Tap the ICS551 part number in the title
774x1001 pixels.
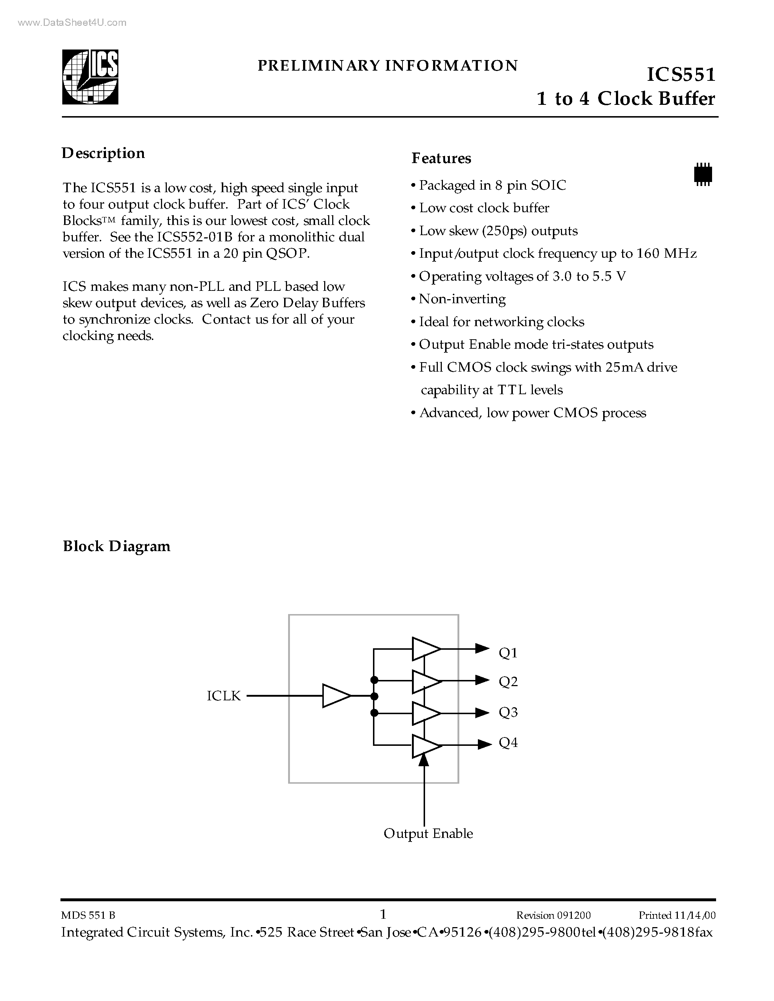tap(680, 74)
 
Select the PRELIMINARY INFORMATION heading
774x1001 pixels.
tap(388, 66)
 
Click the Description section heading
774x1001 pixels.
tap(103, 153)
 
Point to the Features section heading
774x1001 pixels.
tap(441, 158)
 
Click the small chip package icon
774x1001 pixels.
tap(703, 174)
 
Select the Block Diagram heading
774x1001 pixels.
tap(117, 546)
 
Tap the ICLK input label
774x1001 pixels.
tap(223, 696)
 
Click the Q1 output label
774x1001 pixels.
tap(508, 653)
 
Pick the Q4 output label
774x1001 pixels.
tap(508, 743)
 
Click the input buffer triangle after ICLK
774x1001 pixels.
tap(336, 696)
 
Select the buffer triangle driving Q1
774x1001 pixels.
tap(425, 649)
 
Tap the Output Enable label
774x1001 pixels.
tap(428, 833)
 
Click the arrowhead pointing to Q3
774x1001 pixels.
tap(482, 713)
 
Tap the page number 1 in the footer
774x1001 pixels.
tap(383, 914)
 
